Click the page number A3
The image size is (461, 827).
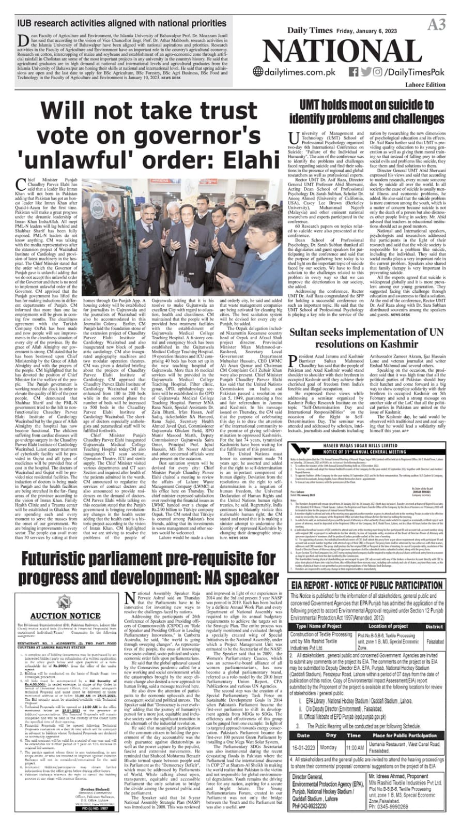[436, 24]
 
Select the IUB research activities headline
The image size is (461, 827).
[121, 23]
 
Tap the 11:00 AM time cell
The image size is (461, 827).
[355, 747]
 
